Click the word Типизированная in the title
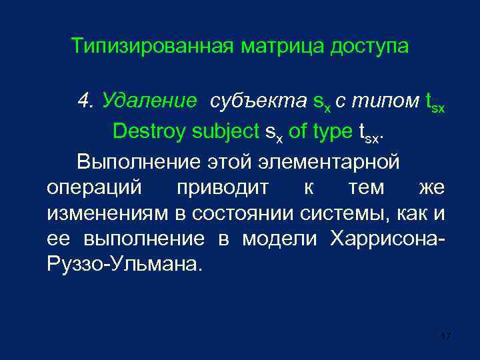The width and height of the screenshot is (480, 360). click(x=152, y=47)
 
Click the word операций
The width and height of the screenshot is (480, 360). click(x=94, y=187)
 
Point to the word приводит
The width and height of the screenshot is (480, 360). click(x=223, y=189)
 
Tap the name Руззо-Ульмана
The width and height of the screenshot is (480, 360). click(x=123, y=265)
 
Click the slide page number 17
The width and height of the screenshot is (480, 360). click(x=446, y=336)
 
